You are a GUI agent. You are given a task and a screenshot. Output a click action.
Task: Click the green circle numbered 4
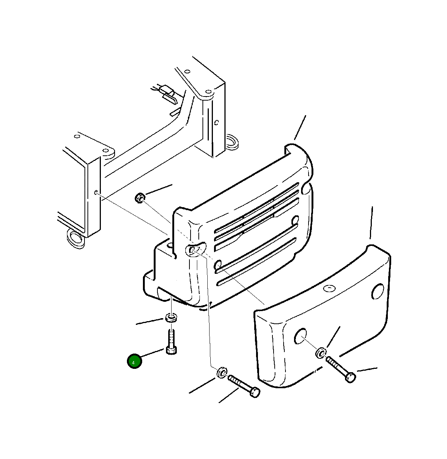[x=134, y=361]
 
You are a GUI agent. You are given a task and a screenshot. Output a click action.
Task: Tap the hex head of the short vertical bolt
[x=172, y=350]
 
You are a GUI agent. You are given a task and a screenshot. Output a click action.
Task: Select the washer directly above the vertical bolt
[x=171, y=318]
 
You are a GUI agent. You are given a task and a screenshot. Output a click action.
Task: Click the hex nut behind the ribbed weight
[x=140, y=197]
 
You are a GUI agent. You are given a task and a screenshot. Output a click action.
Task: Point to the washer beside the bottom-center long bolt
[x=222, y=373]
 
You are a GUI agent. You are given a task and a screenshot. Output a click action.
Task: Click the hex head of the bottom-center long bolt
[x=255, y=393]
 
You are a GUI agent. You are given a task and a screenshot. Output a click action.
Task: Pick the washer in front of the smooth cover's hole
[x=321, y=353]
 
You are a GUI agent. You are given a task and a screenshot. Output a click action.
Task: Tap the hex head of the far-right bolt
[x=350, y=377]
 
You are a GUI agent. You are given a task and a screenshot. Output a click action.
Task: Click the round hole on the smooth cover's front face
[x=300, y=336]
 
